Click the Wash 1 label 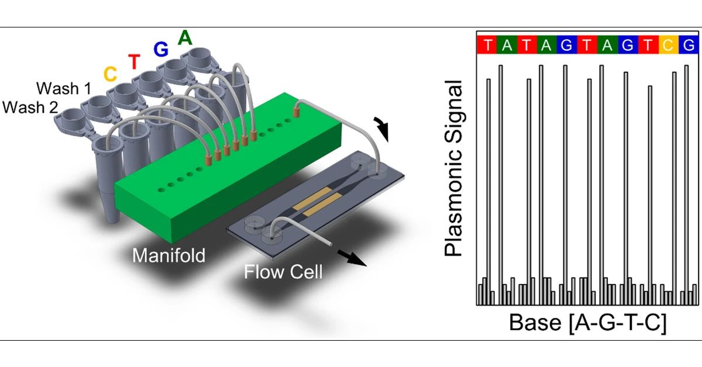(64, 89)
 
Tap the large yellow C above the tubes (109, 74)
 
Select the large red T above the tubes (134, 61)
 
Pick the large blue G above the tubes (160, 49)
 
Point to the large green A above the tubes (185, 37)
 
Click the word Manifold (168, 255)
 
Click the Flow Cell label (283, 272)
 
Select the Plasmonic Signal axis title (453, 169)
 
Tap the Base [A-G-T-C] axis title (587, 323)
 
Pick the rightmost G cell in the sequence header (689, 45)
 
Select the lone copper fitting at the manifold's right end (297, 109)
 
